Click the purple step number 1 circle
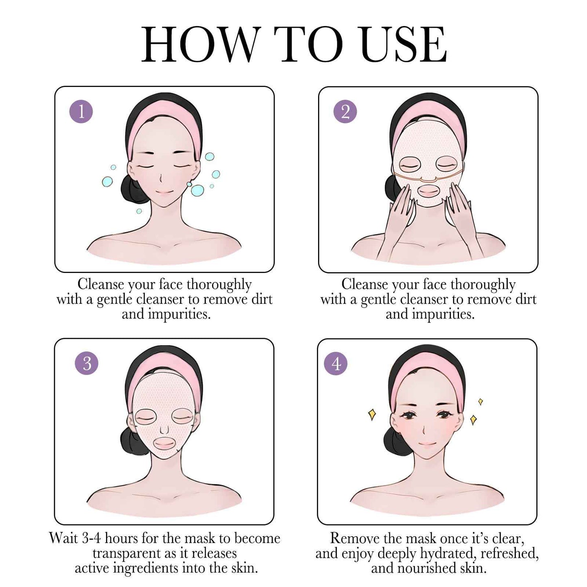click(81, 111)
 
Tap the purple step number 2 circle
click(345, 111)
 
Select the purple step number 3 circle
click(87, 363)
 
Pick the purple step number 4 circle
click(336, 363)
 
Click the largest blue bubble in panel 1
click(197, 190)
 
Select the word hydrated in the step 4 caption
click(447, 553)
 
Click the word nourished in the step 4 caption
click(426, 568)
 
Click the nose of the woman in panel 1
click(161, 179)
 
